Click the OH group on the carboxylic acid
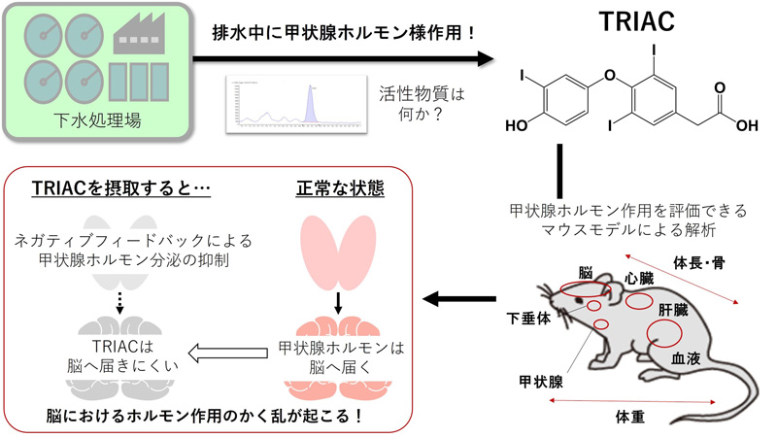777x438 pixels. pyautogui.click(x=748, y=125)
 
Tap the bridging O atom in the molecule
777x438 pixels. pyautogui.click(x=609, y=73)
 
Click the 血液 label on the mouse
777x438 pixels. pyautogui.click(x=687, y=357)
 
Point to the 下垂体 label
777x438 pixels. pyautogui.click(x=529, y=318)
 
